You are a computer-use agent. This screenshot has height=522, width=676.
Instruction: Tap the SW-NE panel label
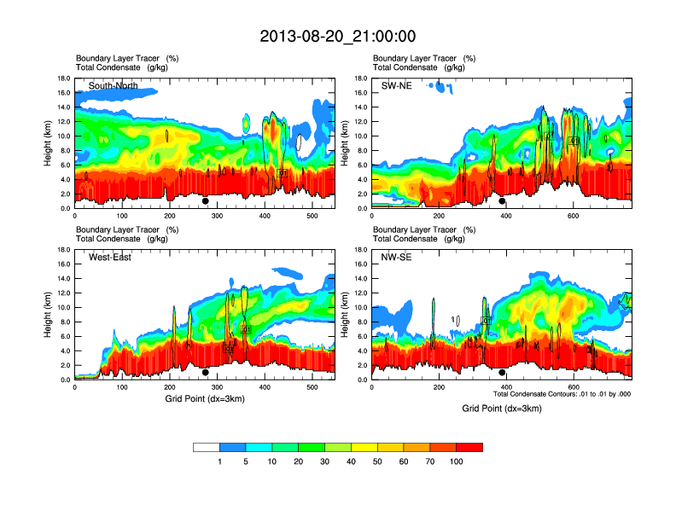(398, 86)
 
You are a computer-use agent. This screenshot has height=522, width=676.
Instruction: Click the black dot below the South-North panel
(205, 201)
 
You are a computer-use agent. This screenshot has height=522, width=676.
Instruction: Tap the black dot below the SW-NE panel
(502, 201)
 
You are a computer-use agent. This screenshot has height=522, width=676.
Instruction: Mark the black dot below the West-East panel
(205, 373)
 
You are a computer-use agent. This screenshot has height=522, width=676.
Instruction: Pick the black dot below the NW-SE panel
(502, 373)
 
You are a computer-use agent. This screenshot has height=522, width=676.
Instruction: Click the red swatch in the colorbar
(469, 447)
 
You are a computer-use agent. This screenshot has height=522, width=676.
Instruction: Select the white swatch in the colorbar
(207, 447)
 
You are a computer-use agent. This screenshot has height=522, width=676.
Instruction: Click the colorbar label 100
(457, 461)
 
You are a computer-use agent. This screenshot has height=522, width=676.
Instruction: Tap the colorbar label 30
(324, 461)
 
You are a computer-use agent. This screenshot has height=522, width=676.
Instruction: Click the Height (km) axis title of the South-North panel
(49, 142)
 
